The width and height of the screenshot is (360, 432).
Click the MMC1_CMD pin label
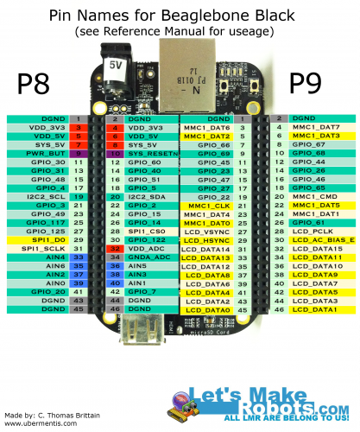(309, 196)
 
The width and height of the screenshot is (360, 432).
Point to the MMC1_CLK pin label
(208, 206)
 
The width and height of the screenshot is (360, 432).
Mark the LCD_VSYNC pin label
(206, 232)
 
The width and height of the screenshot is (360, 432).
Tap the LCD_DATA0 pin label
(208, 309)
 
